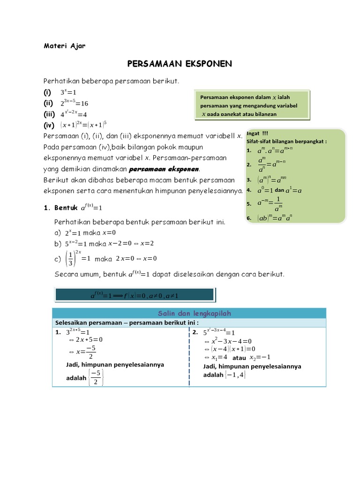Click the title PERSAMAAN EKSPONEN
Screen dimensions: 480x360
pos(180,64)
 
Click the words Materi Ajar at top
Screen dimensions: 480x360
pos(65,45)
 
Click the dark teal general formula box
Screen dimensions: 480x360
pos(135,295)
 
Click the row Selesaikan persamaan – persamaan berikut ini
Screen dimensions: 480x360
pos(127,323)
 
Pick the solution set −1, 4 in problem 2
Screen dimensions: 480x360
pos(235,375)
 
